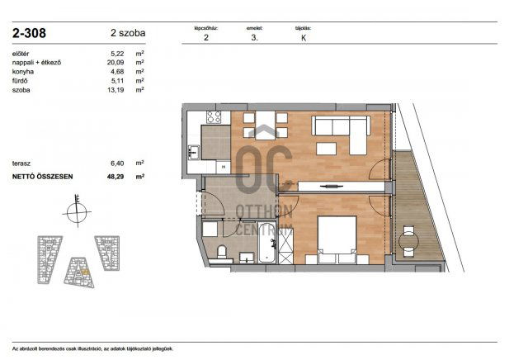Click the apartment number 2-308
29,34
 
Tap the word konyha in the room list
24,72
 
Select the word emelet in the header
254,28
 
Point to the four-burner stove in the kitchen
215,117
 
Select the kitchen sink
193,151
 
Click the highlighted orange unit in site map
84,271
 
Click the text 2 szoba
127,34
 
